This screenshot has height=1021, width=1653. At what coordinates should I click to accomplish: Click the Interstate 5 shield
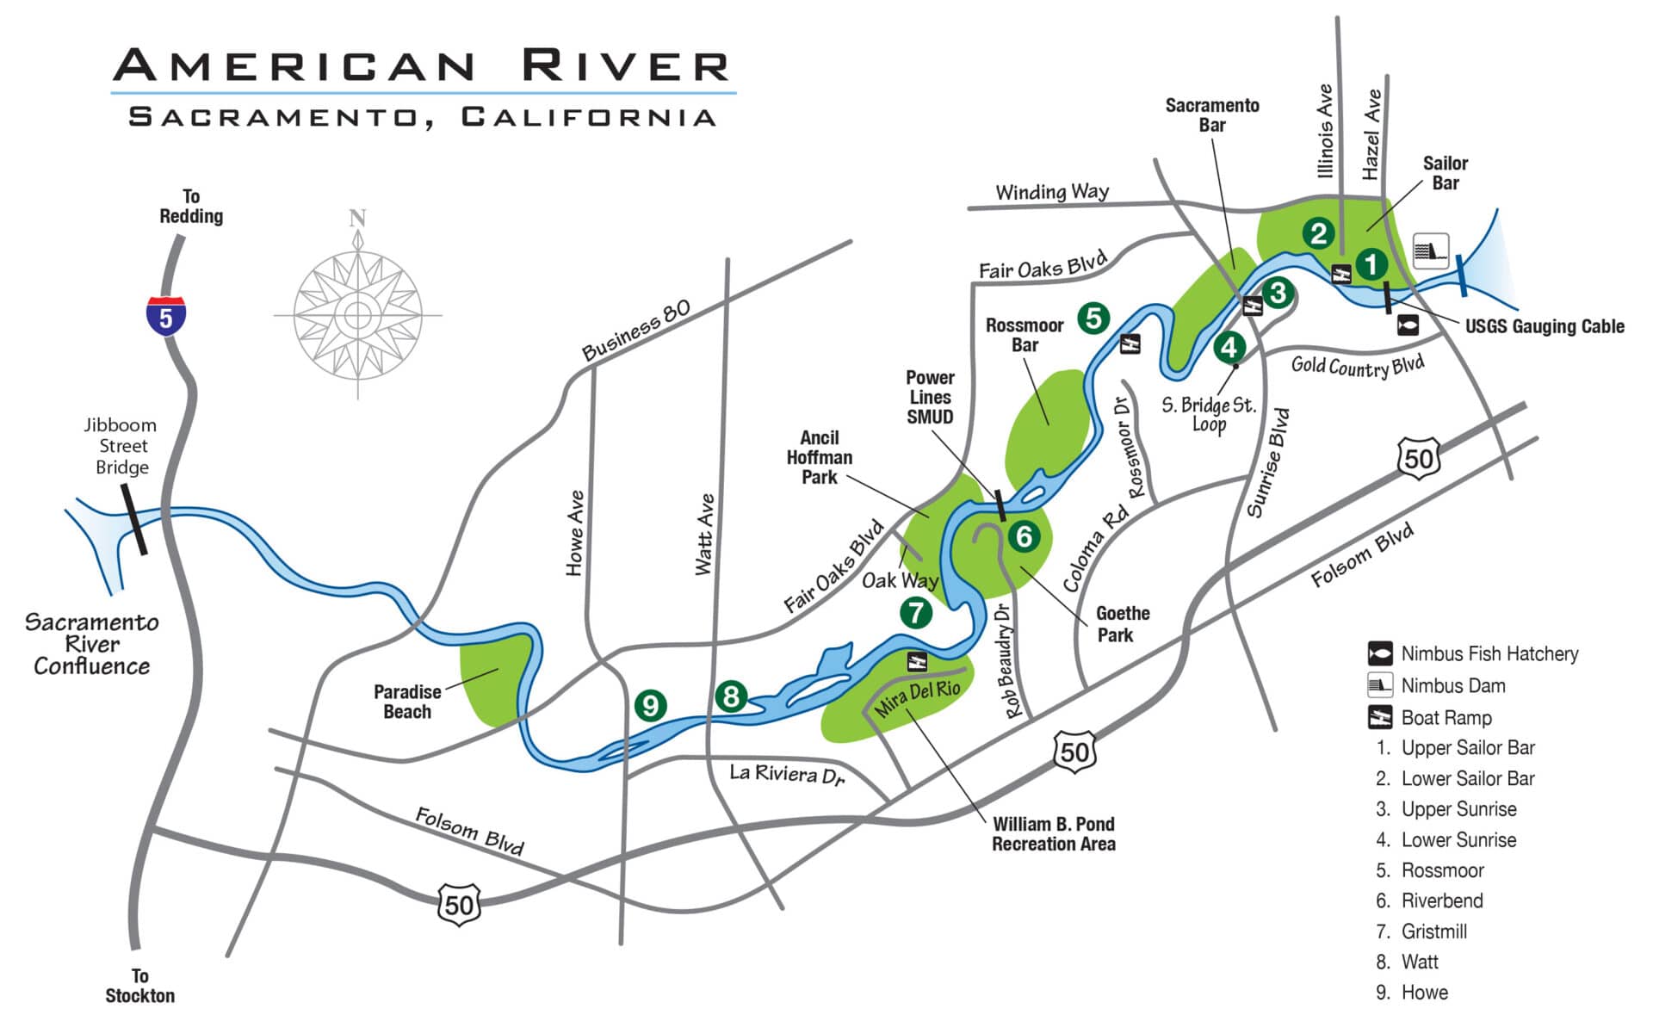[165, 316]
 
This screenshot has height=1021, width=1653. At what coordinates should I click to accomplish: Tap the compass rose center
[357, 315]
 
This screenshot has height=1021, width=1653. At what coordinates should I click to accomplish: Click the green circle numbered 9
[650, 706]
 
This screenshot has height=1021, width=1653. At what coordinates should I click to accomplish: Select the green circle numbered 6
[1024, 536]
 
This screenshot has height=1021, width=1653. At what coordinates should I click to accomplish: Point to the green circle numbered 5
[1093, 318]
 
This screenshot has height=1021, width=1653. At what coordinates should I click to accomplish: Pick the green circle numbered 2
[1318, 232]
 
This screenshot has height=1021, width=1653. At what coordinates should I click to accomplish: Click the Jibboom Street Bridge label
[121, 446]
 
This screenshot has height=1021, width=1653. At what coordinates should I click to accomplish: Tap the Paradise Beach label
[407, 702]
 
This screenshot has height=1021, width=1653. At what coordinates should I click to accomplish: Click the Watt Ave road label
[705, 534]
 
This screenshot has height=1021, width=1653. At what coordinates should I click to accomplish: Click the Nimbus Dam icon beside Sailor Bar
[1431, 251]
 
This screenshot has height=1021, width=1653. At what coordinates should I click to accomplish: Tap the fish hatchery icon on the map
[1408, 325]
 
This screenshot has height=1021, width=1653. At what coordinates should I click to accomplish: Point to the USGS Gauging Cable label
[1545, 326]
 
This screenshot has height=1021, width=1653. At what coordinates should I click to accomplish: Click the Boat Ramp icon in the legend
[1380, 717]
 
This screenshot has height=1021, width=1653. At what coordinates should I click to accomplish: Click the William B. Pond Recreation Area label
[1053, 834]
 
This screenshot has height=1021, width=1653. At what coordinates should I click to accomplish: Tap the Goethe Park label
[1122, 624]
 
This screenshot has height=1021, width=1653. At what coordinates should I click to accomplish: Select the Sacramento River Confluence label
[91, 644]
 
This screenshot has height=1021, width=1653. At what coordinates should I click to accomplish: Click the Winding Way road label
[1052, 191]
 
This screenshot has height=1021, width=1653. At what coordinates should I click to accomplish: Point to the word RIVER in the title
[626, 65]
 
